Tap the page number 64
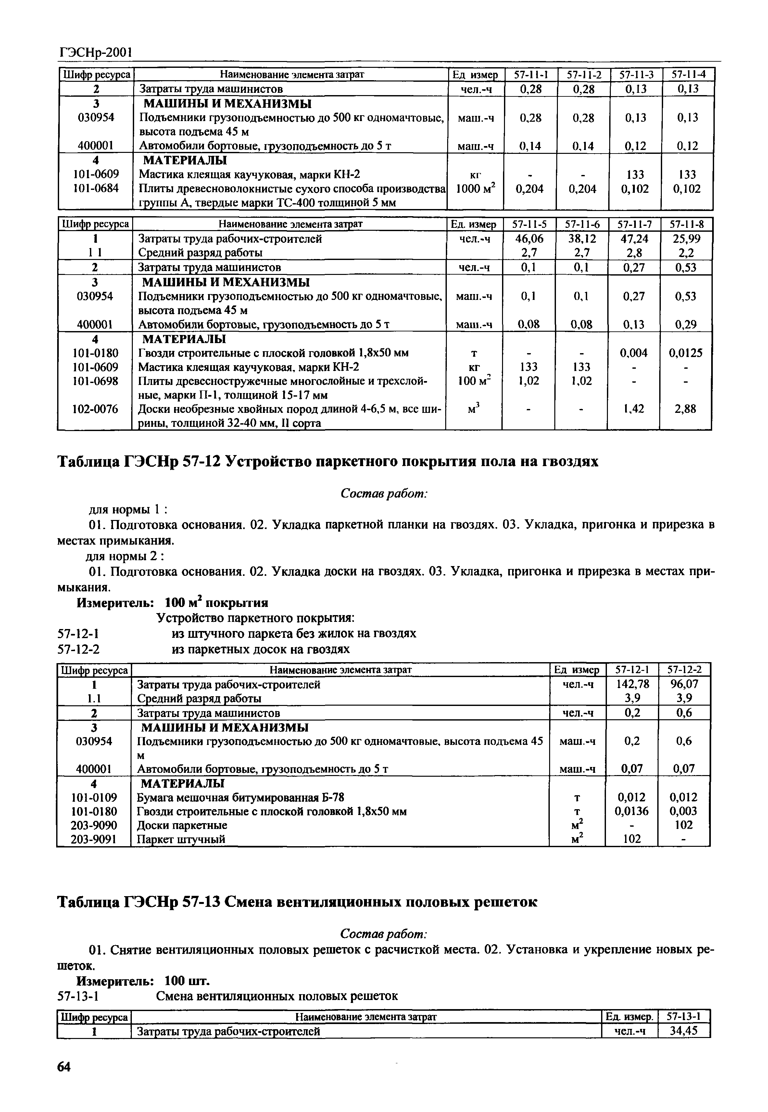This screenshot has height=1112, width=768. (64, 1067)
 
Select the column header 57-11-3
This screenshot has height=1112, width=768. (636, 75)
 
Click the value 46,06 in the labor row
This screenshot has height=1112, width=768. (529, 239)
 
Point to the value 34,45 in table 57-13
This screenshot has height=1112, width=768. (683, 1031)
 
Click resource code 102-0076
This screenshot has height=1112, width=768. (95, 409)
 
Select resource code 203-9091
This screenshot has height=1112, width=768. (94, 839)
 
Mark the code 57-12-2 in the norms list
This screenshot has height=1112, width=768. (79, 649)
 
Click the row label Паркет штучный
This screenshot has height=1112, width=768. (182, 839)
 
